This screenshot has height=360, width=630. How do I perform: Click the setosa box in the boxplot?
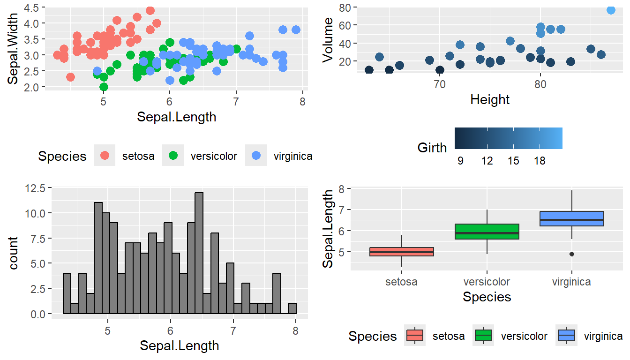[402, 252]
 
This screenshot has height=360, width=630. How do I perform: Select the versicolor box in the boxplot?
[487, 232]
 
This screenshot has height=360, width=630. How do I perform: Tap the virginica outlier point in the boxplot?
[572, 254]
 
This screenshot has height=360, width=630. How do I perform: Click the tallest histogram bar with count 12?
[199, 253]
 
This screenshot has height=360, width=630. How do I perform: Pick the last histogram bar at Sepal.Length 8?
[292, 308]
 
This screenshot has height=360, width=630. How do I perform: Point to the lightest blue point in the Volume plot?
[611, 10]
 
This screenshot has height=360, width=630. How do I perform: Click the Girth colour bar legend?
[508, 138]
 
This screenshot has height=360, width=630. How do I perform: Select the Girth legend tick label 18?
[540, 161]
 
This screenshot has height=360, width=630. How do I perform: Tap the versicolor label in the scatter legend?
[214, 156]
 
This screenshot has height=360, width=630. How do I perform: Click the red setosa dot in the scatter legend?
[105, 156]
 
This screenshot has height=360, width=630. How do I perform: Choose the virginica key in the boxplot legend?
[566, 336]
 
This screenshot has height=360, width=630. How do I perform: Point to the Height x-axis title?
[489, 99]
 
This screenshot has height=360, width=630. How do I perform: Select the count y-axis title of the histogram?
[14, 253]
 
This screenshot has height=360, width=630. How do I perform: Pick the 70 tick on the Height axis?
[439, 85]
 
